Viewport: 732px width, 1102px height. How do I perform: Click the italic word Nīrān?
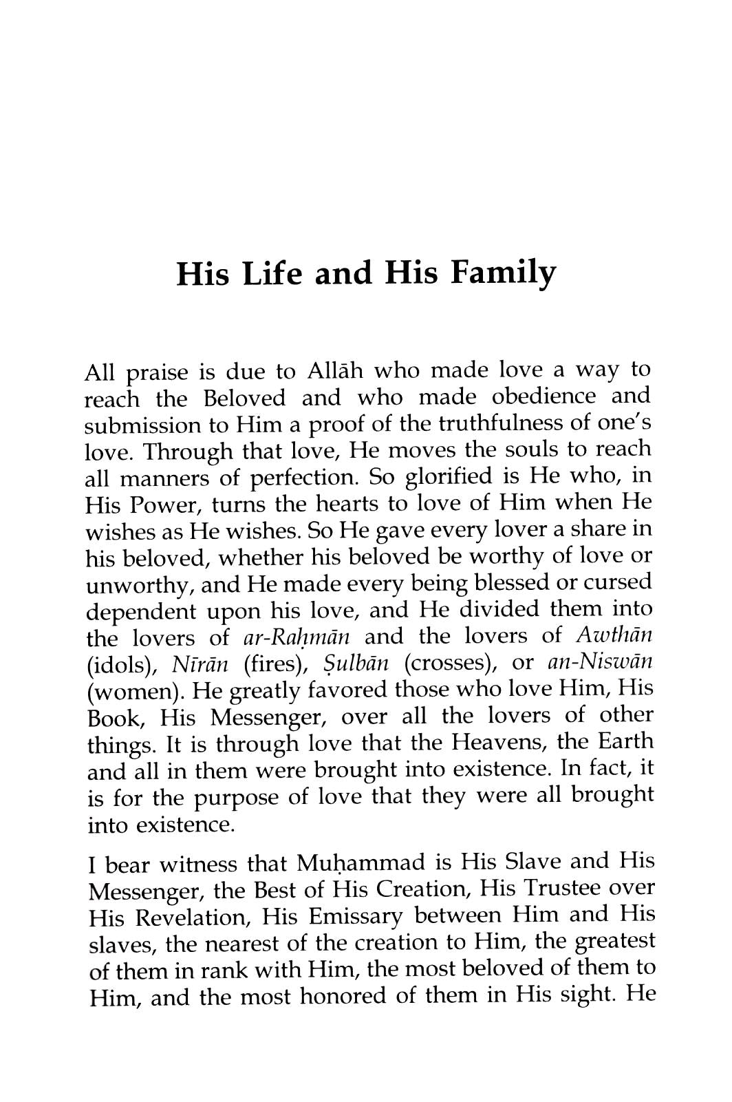point(199,664)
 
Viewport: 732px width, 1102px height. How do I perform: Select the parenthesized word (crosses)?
point(451,664)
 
